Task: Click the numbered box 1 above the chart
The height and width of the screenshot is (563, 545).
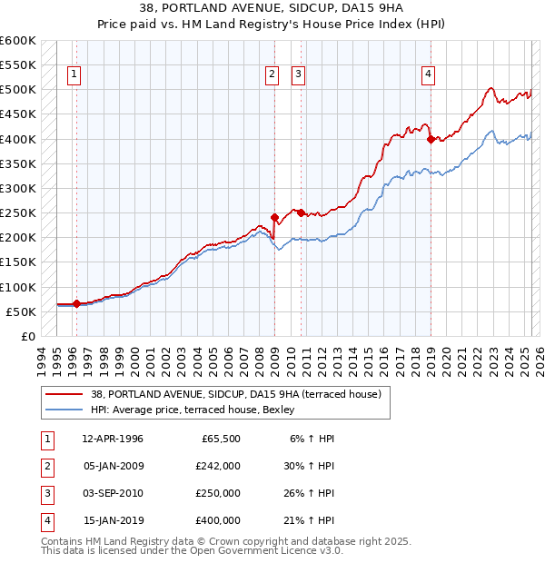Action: pos(74,75)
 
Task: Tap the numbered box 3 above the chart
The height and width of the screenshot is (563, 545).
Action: pos(298,75)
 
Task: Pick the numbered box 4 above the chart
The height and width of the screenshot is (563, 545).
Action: pos(428,75)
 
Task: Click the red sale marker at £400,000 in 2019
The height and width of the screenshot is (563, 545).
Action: pos(431,139)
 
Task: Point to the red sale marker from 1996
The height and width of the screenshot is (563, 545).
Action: pos(76,304)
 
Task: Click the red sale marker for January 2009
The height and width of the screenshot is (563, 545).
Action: pos(274,217)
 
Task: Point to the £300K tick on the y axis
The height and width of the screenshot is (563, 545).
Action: pos(20,188)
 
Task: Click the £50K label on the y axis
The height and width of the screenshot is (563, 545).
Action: pos(22,311)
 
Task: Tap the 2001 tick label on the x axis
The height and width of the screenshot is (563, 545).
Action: pos(151,359)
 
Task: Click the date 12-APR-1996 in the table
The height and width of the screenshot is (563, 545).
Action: pos(113,439)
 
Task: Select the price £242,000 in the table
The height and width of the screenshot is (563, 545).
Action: pos(218,466)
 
